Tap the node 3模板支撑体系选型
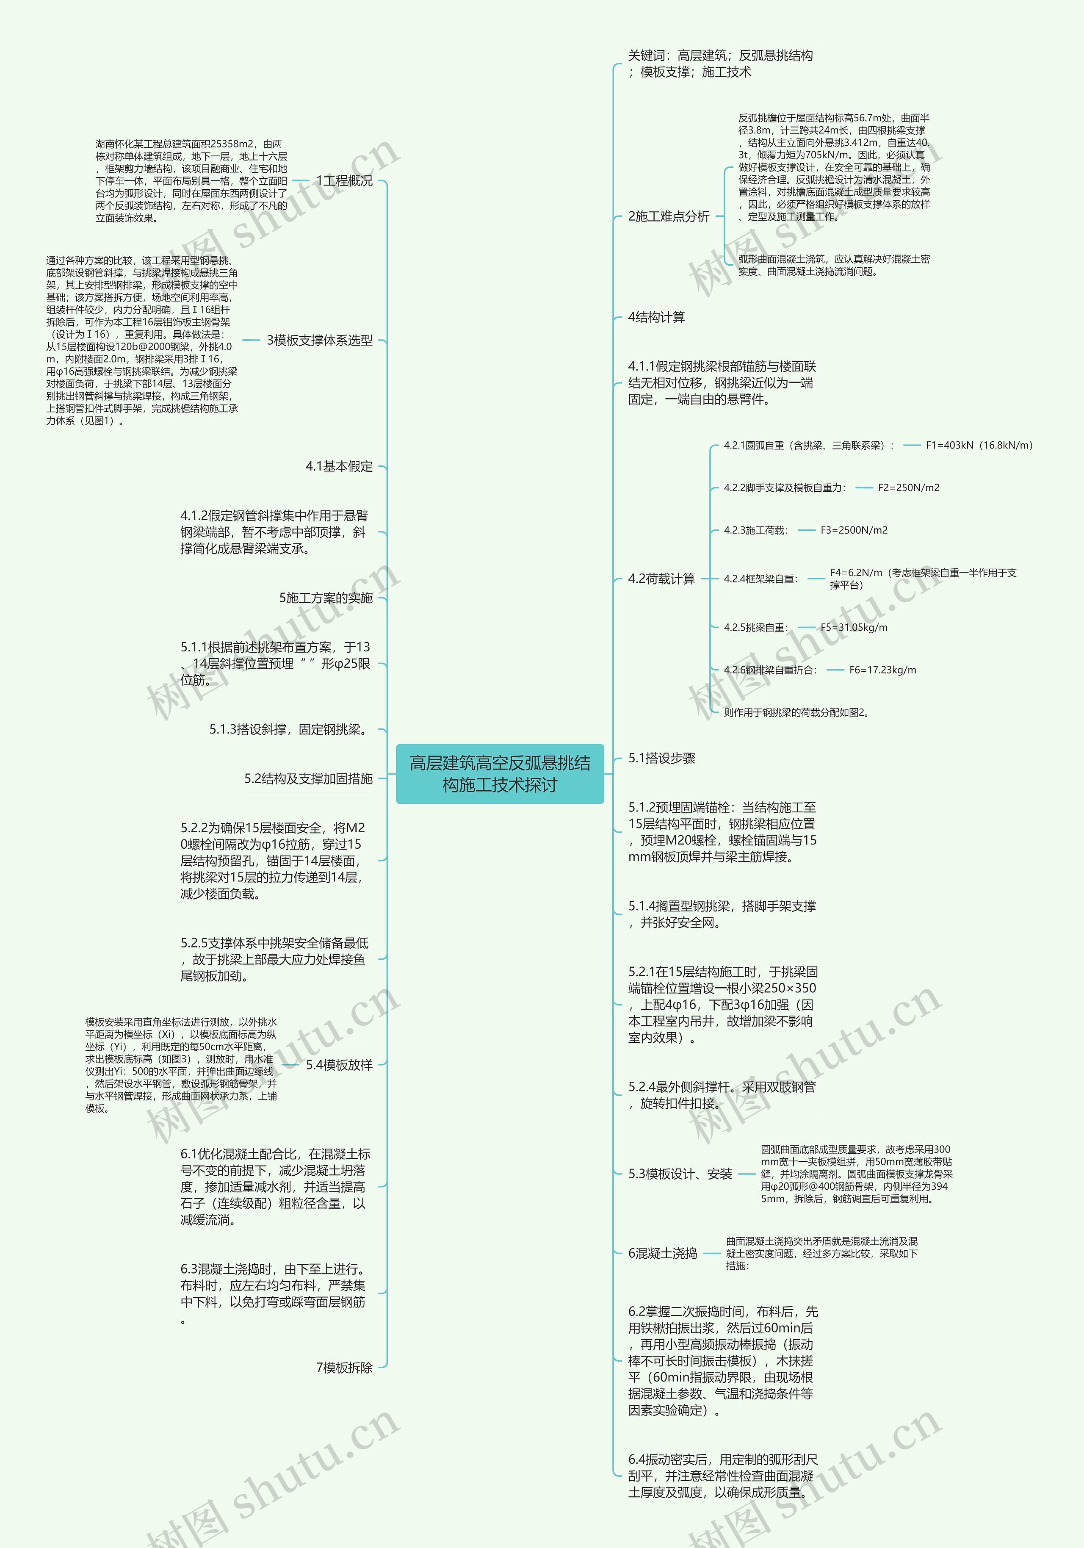[320, 341]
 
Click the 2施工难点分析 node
[668, 216]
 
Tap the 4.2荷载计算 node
[661, 579]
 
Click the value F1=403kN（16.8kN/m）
[979, 445]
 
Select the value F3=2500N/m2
[854, 530]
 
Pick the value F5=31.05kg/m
[854, 627]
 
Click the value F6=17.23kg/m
[882, 670]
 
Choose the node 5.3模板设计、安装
[680, 1174]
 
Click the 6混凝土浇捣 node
[662, 1253]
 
